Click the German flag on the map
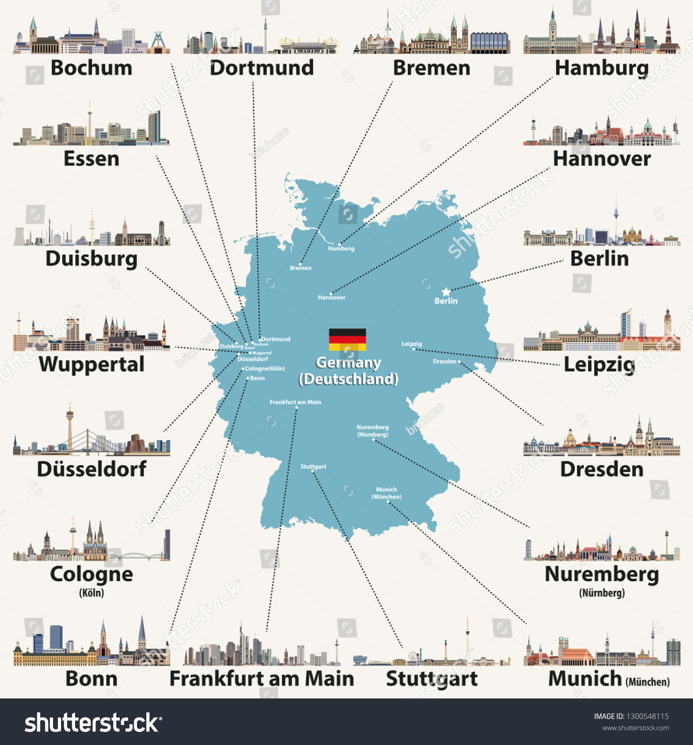point(347,339)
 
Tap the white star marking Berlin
point(446,292)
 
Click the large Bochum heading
point(91,68)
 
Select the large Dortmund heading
point(261,68)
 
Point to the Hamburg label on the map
point(341,249)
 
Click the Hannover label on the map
point(331,298)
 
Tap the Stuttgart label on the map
point(313,467)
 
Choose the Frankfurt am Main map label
point(295,402)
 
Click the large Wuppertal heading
point(91,364)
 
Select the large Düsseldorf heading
point(91,469)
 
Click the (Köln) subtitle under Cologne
point(91,593)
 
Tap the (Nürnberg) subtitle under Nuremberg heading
point(602,593)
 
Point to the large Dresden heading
point(602,469)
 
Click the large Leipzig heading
point(599,365)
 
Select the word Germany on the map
point(348,362)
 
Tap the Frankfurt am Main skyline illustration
point(261,647)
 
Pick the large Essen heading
point(91,159)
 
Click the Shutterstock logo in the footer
point(93,723)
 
